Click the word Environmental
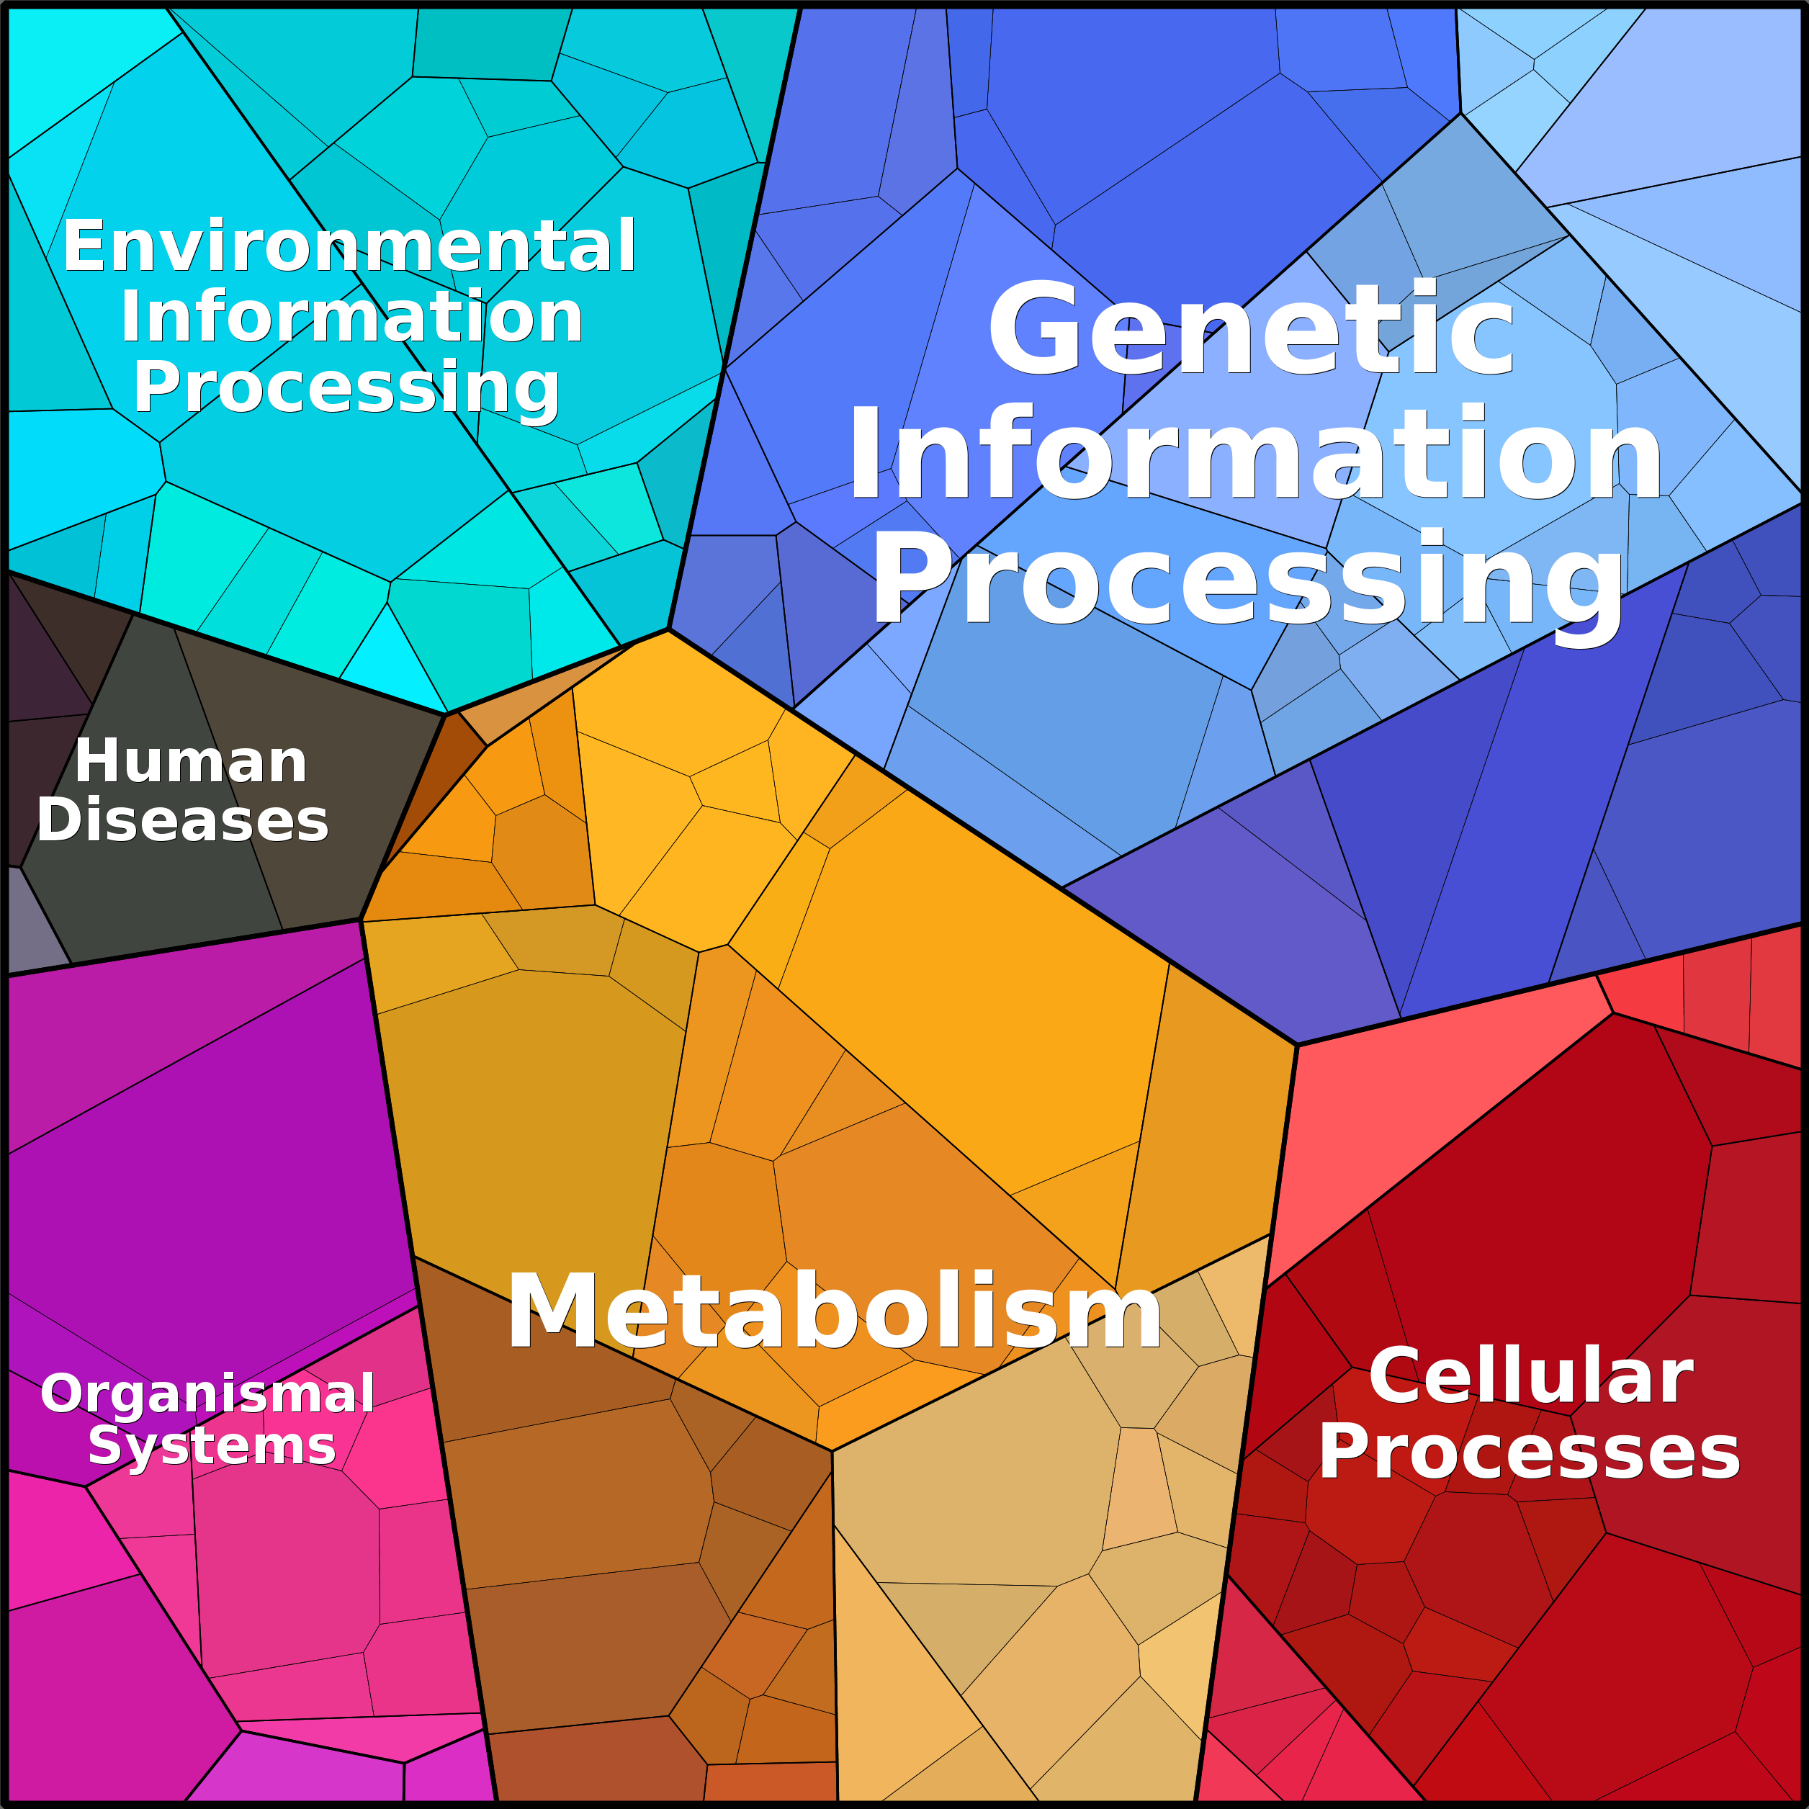349,246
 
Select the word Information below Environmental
352,316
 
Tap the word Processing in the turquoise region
346,387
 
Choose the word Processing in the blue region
1247,580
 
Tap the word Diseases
183,820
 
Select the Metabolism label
834,1311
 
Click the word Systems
212,1447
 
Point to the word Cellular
1531,1375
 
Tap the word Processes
1529,1453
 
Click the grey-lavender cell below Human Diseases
33,917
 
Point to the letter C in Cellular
1394,1375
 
